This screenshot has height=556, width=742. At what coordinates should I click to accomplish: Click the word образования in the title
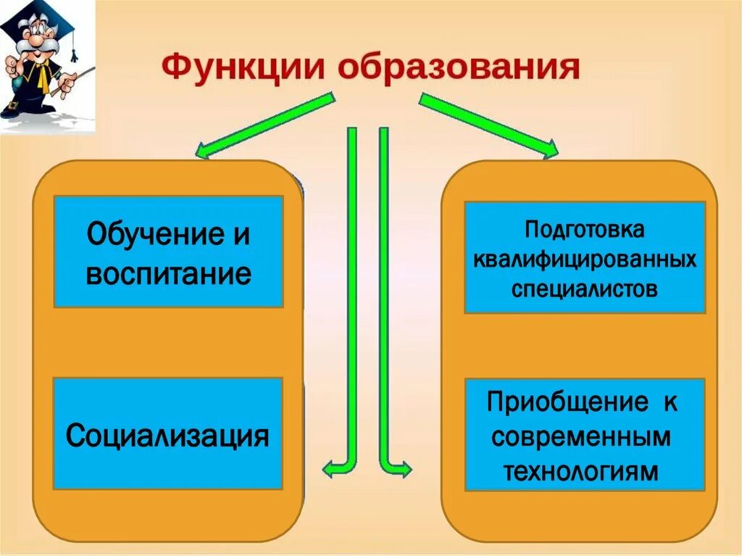459,67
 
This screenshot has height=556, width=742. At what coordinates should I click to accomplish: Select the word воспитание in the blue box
168,274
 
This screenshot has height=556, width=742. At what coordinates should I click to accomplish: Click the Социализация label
167,436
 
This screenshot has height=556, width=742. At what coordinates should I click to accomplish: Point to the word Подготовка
584,231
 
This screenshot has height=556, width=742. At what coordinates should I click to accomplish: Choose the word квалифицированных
585,260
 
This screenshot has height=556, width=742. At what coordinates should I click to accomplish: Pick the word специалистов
584,289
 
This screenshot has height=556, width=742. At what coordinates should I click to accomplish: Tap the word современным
584,436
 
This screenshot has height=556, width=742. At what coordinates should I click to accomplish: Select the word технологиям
584,471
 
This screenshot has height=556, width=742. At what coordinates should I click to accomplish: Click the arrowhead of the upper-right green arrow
549,149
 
